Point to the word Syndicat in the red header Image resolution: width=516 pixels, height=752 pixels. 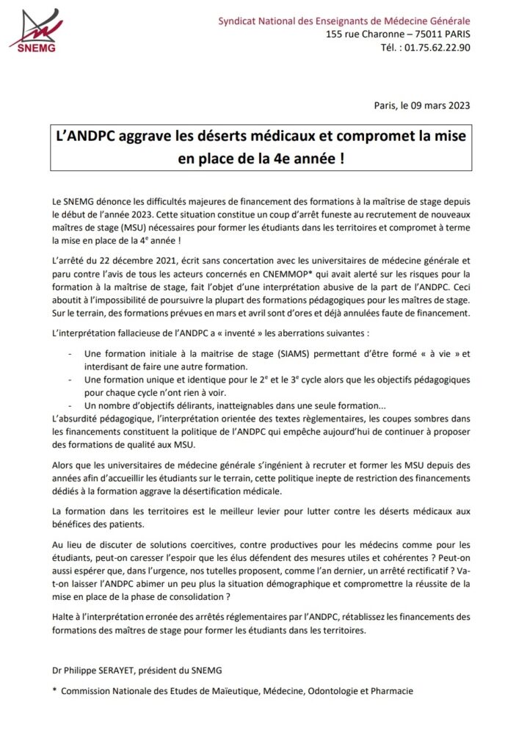pyautogui.click(x=239, y=21)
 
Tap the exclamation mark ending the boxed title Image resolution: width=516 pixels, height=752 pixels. pyautogui.click(x=343, y=159)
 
